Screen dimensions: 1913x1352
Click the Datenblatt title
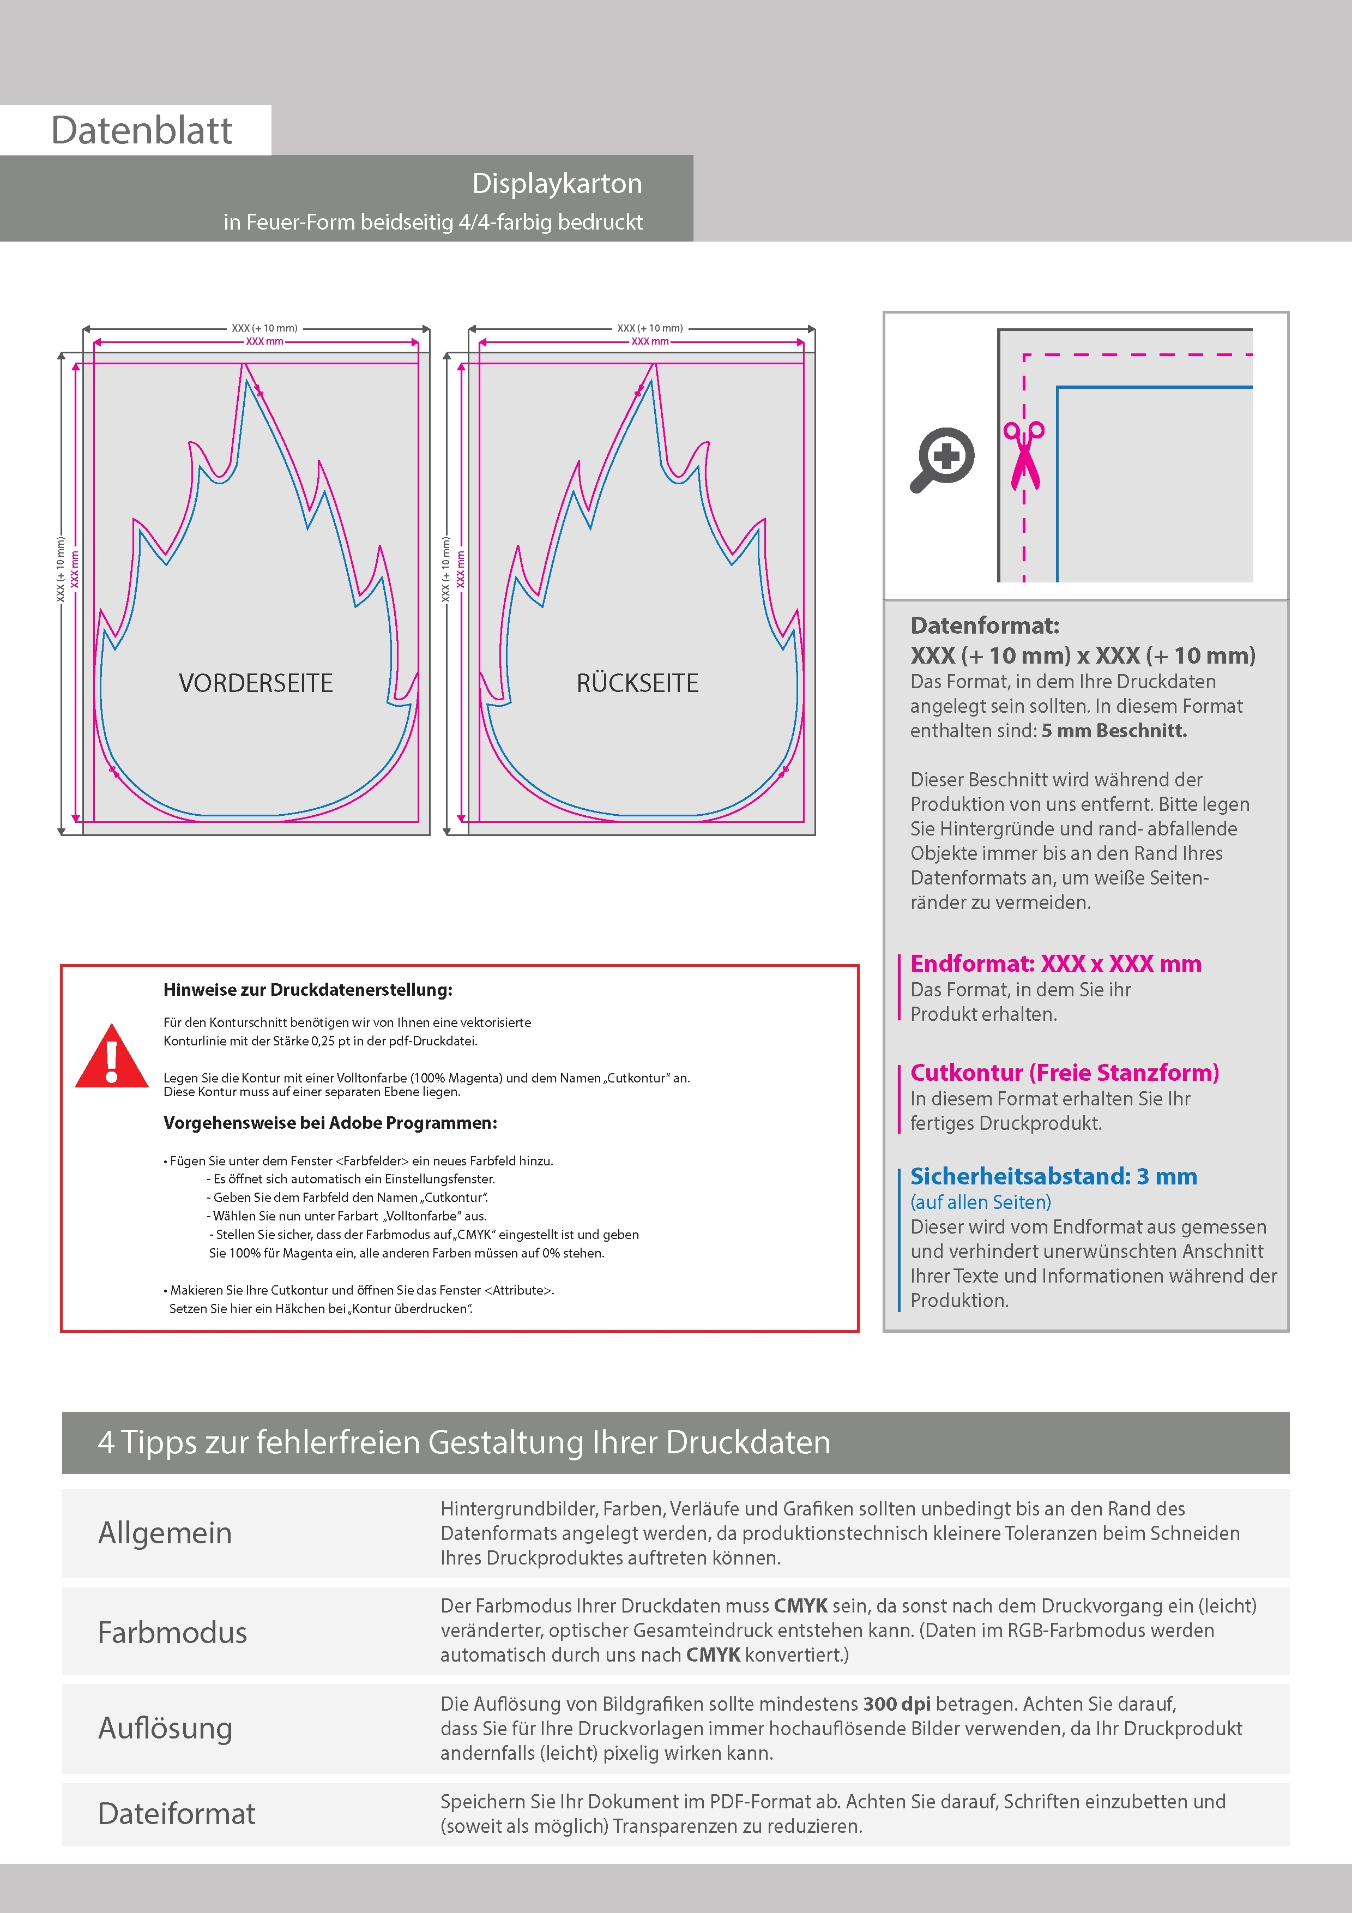(x=142, y=131)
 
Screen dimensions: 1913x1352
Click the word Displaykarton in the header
(x=557, y=183)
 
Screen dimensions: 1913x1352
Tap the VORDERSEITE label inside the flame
(x=256, y=683)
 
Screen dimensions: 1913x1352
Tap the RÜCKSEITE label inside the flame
(x=637, y=683)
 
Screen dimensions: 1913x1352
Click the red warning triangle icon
(x=112, y=1058)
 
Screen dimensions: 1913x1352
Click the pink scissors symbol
(x=1024, y=454)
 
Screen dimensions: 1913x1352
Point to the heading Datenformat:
(x=985, y=625)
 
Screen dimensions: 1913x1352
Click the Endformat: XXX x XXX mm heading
(x=1055, y=964)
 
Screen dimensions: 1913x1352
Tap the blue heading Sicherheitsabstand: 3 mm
(x=1053, y=1176)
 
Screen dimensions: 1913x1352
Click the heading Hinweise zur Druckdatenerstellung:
(x=308, y=990)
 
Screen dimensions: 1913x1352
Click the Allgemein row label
(x=165, y=1533)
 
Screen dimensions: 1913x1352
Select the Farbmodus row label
(x=172, y=1632)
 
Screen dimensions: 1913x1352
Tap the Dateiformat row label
(x=177, y=1814)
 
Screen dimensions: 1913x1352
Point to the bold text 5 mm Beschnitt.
(x=1114, y=731)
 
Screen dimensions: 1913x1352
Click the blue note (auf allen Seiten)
(x=980, y=1202)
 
